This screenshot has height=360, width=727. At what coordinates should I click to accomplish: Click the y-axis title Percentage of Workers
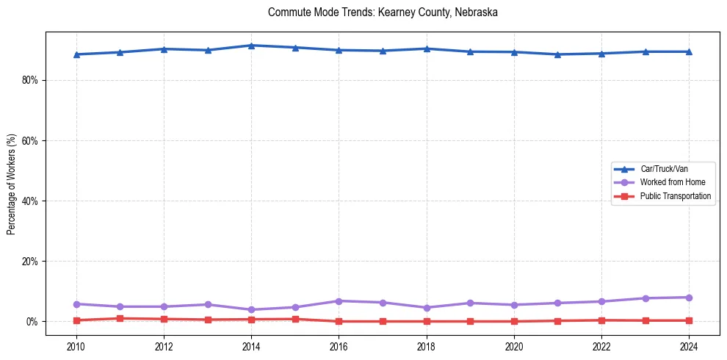(11, 184)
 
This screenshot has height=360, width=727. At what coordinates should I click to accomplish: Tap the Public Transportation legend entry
(675, 196)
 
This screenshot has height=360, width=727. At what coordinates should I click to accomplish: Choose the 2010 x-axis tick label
(76, 346)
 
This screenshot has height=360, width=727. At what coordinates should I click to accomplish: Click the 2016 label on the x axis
(339, 346)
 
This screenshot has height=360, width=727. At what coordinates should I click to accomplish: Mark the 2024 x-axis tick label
(689, 346)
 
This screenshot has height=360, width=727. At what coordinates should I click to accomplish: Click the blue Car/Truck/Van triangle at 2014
(251, 46)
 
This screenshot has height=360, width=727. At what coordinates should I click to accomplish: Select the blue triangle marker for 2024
(689, 51)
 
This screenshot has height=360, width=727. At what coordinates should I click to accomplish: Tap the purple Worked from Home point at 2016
(339, 301)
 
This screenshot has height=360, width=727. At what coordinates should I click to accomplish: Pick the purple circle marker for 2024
(689, 298)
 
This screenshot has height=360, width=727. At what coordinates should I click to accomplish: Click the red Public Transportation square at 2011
(120, 318)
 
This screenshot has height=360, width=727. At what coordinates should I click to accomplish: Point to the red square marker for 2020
(514, 321)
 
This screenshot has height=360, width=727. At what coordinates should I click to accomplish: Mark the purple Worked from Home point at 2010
(76, 304)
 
